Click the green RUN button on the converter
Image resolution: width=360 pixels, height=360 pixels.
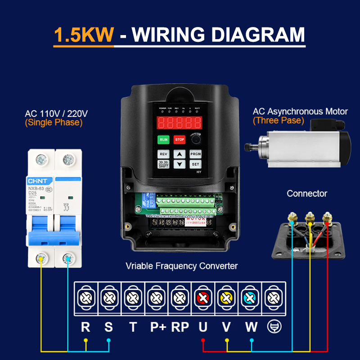tap(163, 139)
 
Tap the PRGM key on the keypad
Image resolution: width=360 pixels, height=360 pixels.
tap(195, 154)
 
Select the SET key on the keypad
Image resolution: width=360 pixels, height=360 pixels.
tap(195, 164)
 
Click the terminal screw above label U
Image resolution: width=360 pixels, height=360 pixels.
tap(203, 297)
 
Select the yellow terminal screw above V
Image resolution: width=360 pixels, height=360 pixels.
tap(226, 297)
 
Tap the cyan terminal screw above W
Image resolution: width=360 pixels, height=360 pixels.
tap(250, 297)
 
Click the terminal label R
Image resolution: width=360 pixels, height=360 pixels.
tap(85, 327)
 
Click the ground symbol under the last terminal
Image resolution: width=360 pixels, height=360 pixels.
tap(273, 327)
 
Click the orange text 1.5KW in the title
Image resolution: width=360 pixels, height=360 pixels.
tap(83, 35)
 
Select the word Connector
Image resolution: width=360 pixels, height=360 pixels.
tap(307, 193)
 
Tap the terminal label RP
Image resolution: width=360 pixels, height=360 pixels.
tap(180, 327)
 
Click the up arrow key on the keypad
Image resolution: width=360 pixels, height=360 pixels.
tap(180, 154)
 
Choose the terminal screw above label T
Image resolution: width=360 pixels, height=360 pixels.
tap(133, 297)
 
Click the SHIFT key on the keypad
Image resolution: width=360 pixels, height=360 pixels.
tap(163, 165)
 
